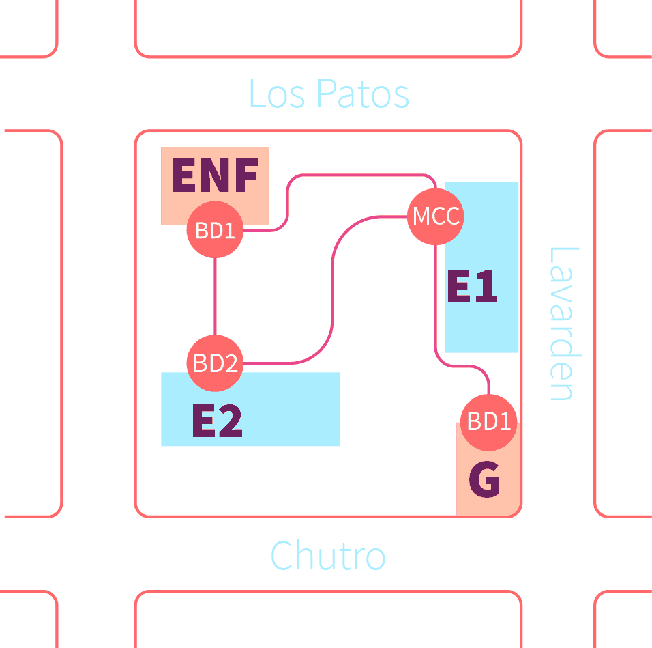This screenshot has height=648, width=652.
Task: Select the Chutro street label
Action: pyautogui.click(x=328, y=556)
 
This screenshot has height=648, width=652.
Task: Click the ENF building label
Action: pyautogui.click(x=215, y=176)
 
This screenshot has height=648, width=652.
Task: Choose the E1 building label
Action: pyautogui.click(x=472, y=287)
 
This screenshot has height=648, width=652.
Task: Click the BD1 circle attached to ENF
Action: pyautogui.click(x=215, y=230)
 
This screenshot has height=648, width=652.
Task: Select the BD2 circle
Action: pyautogui.click(x=215, y=363)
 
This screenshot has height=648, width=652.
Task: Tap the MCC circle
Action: pyautogui.click(x=436, y=216)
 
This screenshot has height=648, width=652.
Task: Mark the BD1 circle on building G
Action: pyautogui.click(x=489, y=422)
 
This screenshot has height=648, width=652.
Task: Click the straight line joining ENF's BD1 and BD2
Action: pyautogui.click(x=215, y=297)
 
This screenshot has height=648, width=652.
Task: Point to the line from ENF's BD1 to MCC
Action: pyautogui.click(x=288, y=198)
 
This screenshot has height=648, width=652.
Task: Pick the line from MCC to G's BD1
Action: pyautogui.click(x=436, y=307)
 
